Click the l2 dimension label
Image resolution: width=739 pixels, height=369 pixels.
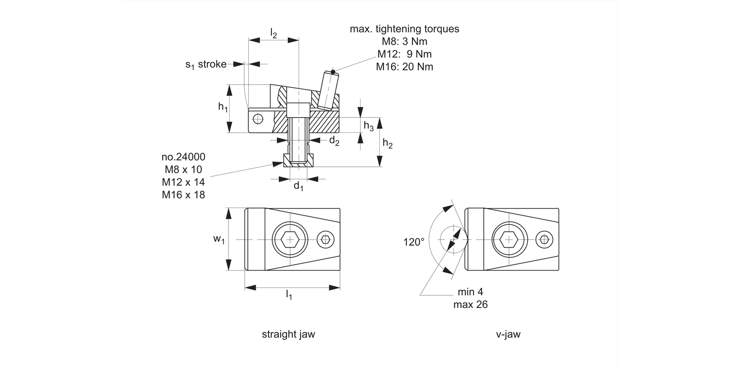click(274, 33)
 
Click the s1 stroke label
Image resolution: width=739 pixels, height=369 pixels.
click(205, 64)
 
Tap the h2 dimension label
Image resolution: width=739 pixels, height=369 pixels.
click(388, 144)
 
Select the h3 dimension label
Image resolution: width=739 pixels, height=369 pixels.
click(369, 126)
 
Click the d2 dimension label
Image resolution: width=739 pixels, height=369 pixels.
click(334, 142)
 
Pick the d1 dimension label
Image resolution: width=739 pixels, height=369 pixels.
click(299, 186)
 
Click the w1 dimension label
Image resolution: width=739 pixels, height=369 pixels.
click(219, 240)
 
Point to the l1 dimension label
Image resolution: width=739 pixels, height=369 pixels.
click(289, 295)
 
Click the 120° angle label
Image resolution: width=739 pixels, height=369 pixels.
click(414, 242)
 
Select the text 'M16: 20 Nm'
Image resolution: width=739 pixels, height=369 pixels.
click(404, 67)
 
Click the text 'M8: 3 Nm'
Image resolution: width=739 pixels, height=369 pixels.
click(404, 41)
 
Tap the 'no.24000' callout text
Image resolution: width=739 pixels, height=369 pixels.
click(183, 157)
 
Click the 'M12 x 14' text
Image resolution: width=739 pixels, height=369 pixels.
click(183, 183)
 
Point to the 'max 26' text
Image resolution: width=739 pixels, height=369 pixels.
click(470, 305)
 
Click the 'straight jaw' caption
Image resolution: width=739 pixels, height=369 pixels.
click(288, 335)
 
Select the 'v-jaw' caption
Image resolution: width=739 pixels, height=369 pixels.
click(508, 335)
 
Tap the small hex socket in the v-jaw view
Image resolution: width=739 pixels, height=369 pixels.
click(544, 240)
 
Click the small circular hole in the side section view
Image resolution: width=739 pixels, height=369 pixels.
click(258, 118)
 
